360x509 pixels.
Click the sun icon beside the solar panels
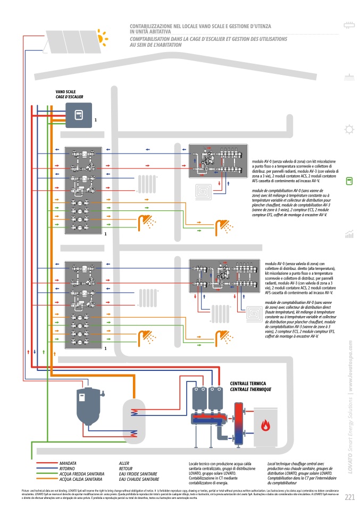pyautogui.click(x=101, y=37)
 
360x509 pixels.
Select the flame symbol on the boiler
pyautogui.click(x=265, y=425)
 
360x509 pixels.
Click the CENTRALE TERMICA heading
pyautogui.click(x=247, y=383)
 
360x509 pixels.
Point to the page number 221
pyautogui.click(x=349, y=497)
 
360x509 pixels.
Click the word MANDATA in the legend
pyautogui.click(x=68, y=463)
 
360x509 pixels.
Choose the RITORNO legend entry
pyautogui.click(x=68, y=469)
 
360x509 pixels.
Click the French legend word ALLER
pyautogui.click(x=124, y=463)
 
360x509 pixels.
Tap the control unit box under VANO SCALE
pyautogui.click(x=79, y=115)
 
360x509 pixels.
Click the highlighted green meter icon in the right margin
pyautogui.click(x=349, y=181)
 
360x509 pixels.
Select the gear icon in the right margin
pyautogui.click(x=349, y=129)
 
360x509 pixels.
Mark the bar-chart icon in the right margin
pyautogui.click(x=349, y=234)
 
